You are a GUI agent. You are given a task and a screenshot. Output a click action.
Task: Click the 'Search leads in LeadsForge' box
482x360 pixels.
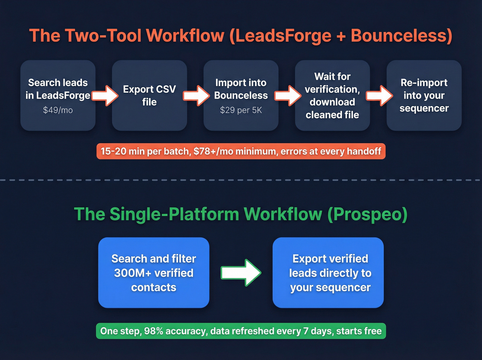58,95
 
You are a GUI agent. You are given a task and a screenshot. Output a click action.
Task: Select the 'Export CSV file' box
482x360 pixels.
149,95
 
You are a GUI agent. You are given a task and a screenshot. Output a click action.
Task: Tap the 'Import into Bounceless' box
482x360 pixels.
241,95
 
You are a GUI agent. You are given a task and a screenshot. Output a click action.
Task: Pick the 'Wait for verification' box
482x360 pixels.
332,95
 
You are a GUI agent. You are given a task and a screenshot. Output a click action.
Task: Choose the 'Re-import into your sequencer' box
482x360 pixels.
424,95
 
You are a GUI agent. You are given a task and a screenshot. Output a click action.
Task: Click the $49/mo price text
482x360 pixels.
58,110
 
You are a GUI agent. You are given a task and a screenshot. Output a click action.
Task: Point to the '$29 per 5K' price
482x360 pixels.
241,110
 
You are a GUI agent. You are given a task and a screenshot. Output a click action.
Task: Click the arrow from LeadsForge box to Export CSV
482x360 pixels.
105,95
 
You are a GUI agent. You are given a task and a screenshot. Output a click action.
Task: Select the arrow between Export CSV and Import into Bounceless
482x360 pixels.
196,95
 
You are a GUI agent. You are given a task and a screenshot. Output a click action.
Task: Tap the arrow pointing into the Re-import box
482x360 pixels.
379,95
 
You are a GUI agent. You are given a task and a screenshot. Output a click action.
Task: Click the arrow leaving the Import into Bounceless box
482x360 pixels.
287,95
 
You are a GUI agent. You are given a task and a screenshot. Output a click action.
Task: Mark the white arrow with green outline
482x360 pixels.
241,273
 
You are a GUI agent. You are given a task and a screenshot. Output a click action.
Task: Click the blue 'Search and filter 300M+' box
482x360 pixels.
154,273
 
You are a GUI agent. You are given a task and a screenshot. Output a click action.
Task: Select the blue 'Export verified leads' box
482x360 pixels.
328,273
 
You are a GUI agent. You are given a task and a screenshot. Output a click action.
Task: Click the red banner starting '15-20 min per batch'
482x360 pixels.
241,151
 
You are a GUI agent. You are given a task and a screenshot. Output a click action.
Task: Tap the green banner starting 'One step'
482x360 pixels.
241,331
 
